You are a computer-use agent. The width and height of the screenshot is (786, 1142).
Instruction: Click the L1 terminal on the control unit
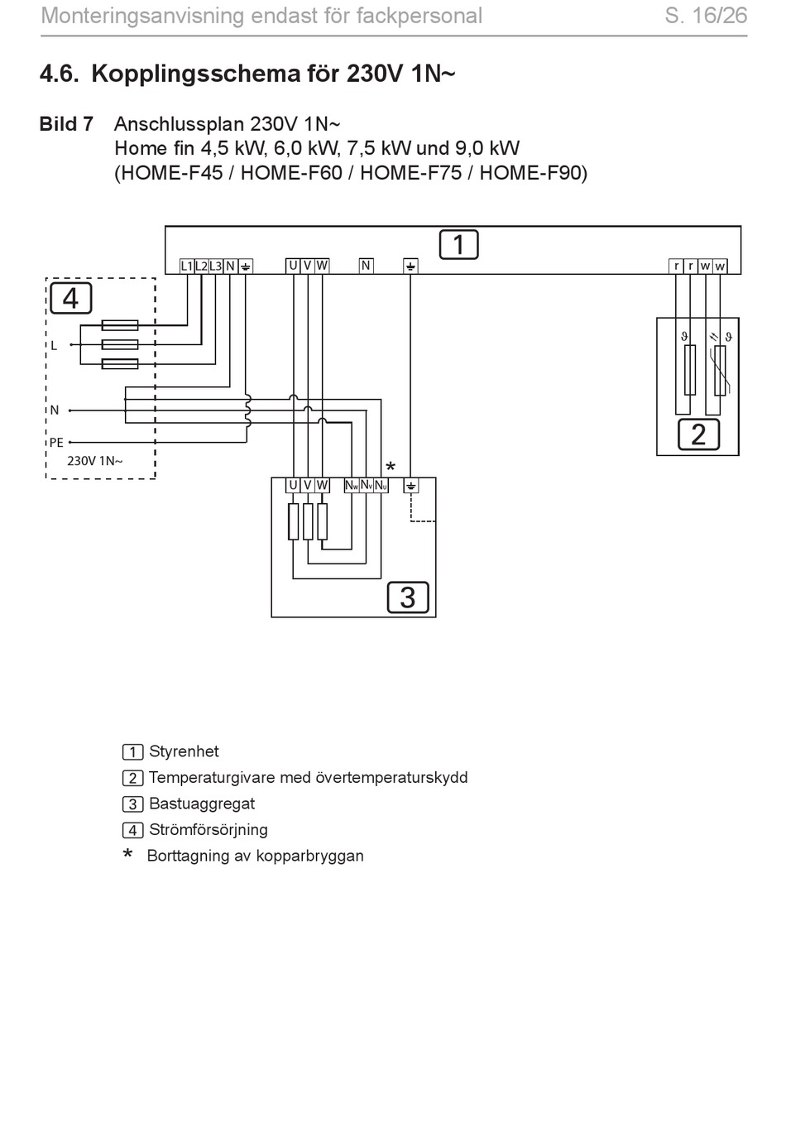186,266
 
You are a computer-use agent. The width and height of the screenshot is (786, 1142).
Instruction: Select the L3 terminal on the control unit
216,266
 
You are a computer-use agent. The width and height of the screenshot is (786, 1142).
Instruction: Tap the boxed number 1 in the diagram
458,245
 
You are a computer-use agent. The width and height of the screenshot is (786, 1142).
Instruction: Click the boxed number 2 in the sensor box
698,435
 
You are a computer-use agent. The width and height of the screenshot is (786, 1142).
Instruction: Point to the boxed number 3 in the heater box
408,597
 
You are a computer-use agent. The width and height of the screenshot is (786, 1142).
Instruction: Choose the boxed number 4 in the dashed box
71,298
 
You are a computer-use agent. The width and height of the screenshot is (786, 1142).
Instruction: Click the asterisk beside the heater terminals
391,467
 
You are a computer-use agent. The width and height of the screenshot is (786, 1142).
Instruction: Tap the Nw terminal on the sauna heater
352,485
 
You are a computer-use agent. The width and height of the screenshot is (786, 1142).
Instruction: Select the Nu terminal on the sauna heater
381,485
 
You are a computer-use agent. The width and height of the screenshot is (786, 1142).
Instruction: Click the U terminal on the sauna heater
293,485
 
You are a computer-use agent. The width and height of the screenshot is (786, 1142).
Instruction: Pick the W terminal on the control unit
322,266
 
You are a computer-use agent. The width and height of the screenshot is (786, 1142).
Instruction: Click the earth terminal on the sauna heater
411,485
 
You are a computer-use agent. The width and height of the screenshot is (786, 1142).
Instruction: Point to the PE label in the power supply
56,443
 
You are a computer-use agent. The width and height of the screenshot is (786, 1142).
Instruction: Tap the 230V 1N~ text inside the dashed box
95,461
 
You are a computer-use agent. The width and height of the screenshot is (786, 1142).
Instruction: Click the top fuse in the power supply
120,324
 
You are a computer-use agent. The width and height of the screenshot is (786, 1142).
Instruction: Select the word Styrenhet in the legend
184,751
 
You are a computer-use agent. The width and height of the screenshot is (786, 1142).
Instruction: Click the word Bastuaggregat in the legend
202,804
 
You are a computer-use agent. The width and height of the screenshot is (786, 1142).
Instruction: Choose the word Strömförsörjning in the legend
208,829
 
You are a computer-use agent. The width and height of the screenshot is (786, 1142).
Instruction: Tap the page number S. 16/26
706,16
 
